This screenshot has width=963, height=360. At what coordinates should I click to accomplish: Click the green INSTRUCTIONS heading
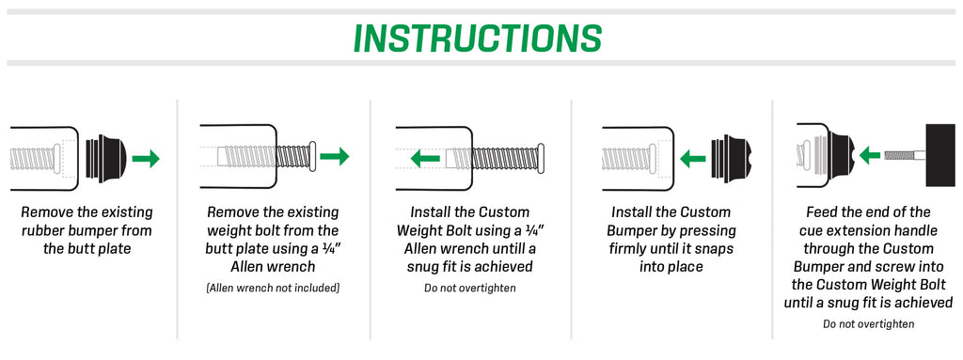point(478,38)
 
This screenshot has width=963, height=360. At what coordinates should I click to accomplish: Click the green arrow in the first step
point(146,159)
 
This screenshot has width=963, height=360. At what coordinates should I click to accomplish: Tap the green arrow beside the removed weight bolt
point(335,157)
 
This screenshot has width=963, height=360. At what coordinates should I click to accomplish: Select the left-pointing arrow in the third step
point(425,159)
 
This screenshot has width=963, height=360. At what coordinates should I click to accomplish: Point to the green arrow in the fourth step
point(692,159)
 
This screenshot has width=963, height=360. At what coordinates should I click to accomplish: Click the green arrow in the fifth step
point(870,155)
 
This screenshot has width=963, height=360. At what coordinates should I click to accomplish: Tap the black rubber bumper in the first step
point(106,159)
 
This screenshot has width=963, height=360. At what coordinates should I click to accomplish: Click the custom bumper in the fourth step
point(731,159)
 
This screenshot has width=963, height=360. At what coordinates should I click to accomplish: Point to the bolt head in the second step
point(312,157)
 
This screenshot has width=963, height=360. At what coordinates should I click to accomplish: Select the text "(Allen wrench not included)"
point(273,288)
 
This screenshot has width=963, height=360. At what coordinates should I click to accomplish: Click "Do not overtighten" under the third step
point(470,288)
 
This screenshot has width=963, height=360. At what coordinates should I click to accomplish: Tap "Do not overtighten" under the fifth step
point(868,323)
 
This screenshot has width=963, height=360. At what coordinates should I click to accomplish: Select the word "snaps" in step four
point(715,249)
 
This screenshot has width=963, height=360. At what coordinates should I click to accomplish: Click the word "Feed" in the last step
point(822,212)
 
